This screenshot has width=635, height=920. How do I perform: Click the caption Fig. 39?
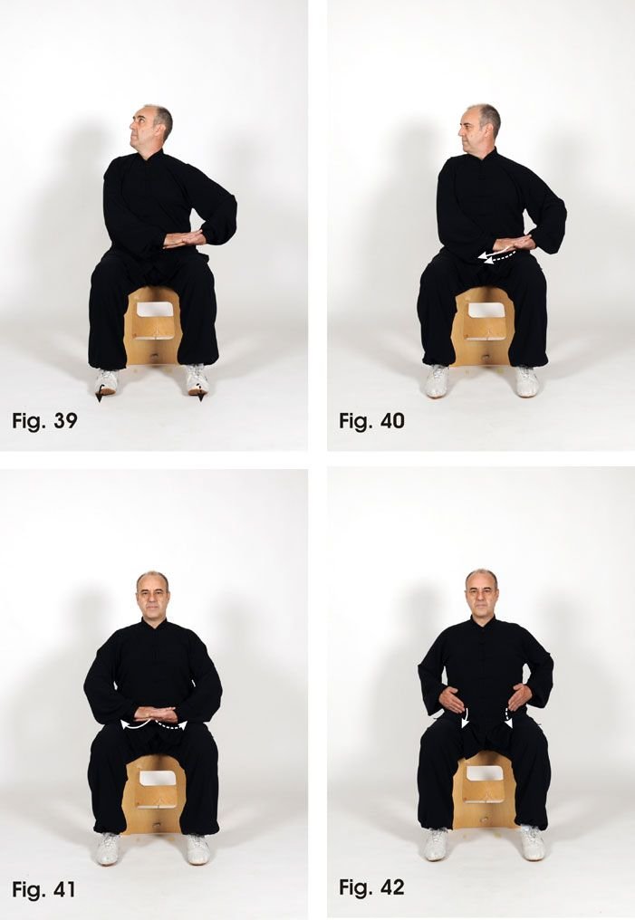[x=44, y=421]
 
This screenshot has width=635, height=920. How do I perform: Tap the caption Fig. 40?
[x=371, y=421]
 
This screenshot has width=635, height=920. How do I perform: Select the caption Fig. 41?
[x=44, y=889]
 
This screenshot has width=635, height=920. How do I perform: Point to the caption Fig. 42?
[x=371, y=887]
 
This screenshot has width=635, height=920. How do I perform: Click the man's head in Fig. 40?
[x=479, y=129]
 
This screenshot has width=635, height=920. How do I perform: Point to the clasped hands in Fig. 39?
[x=184, y=238]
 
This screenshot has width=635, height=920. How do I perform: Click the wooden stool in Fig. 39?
[x=152, y=326]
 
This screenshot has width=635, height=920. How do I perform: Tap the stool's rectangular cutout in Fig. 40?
[x=485, y=311]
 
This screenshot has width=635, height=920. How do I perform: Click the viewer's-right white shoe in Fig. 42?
[x=532, y=842]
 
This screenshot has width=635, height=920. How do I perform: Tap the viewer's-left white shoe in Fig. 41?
[x=108, y=848]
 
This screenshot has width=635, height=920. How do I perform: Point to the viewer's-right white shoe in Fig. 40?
[x=526, y=381]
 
